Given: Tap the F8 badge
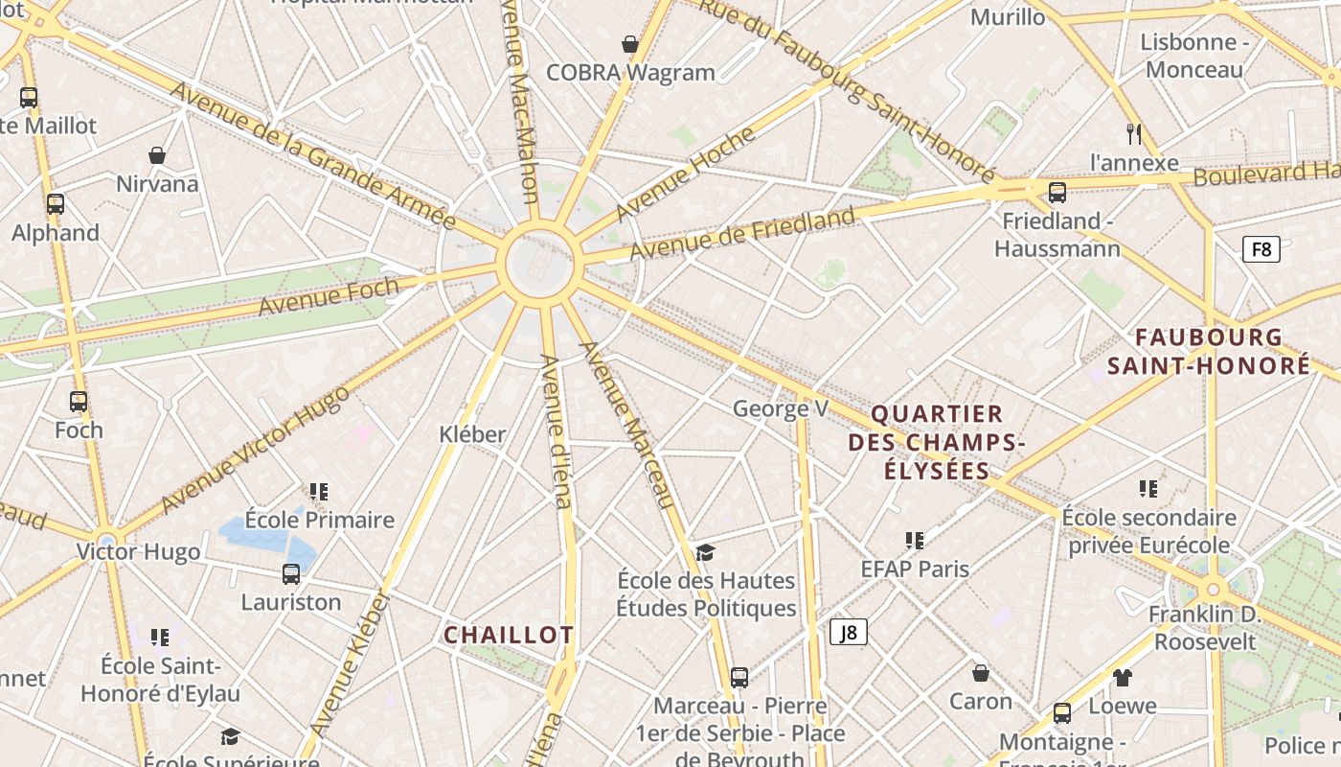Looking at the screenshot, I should pyautogui.click(x=1261, y=250).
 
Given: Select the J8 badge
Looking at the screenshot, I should pyautogui.click(x=848, y=632).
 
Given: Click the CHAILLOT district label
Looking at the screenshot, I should pyautogui.click(x=509, y=635).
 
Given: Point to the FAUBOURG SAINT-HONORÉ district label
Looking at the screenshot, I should pyautogui.click(x=1209, y=351).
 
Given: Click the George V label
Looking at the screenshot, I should pyautogui.click(x=781, y=408).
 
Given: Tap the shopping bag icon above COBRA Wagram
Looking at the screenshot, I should pyautogui.click(x=630, y=44).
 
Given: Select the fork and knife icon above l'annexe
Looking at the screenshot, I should pyautogui.click(x=1134, y=133).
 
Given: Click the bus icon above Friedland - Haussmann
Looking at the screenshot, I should pyautogui.click(x=1057, y=193).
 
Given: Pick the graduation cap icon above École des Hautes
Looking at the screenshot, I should pyautogui.click(x=706, y=552).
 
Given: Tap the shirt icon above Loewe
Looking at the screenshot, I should pyautogui.click(x=1123, y=678).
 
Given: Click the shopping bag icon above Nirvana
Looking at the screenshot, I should pyautogui.click(x=157, y=155).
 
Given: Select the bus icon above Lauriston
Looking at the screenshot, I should pyautogui.click(x=291, y=574).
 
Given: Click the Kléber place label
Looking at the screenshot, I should pyautogui.click(x=472, y=433).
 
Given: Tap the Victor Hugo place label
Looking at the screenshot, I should pyautogui.click(x=139, y=551).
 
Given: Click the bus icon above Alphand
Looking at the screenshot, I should pyautogui.click(x=56, y=204).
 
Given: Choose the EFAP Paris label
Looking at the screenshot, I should pyautogui.click(x=915, y=569).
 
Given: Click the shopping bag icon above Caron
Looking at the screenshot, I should pyautogui.click(x=980, y=673).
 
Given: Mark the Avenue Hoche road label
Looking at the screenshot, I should pyautogui.click(x=685, y=173).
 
